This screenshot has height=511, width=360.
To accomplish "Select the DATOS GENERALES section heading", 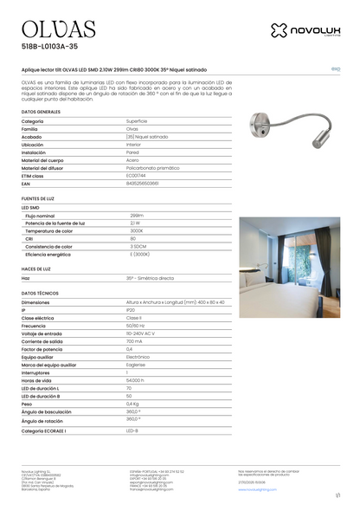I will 41,113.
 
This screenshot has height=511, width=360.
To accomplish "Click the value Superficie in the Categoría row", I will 138,121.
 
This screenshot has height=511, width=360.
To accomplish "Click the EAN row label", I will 26,184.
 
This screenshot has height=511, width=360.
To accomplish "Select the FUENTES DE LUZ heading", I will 38,199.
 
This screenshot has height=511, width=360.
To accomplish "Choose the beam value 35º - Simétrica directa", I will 149,278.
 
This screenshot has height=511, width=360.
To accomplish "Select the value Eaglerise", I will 136,365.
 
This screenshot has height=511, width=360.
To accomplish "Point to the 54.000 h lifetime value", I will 136,380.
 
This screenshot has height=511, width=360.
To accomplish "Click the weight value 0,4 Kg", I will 132,404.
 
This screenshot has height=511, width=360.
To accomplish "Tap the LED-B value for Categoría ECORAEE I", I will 132,430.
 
